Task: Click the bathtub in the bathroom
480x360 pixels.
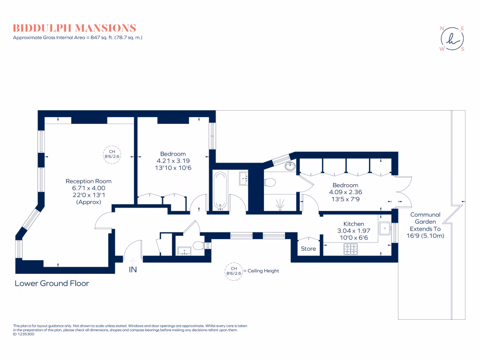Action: (x=221, y=190)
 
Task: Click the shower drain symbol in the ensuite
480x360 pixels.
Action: (x=280, y=203)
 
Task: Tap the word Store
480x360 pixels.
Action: (x=308, y=249)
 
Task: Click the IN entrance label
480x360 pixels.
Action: (x=133, y=270)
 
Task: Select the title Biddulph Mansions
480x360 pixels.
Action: (x=75, y=28)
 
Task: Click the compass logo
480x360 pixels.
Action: (x=451, y=38)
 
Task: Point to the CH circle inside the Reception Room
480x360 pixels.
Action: (x=112, y=155)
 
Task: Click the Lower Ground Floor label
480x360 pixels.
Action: (x=52, y=283)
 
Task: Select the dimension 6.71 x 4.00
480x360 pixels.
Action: (x=88, y=188)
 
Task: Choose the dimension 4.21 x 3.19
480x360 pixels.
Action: (x=173, y=161)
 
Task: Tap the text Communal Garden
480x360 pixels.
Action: (x=425, y=218)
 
